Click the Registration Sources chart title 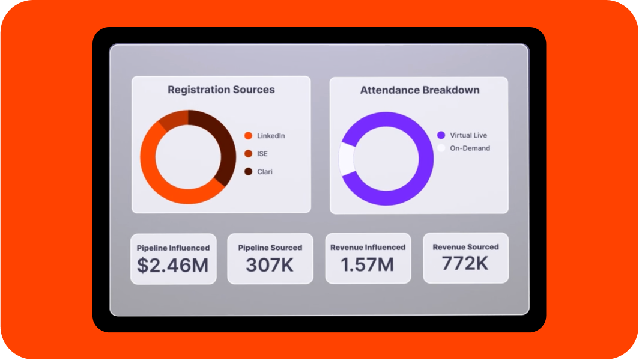(x=221, y=90)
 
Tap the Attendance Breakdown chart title (x=419, y=90)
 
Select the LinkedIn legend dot (x=248, y=136)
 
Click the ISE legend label (x=262, y=154)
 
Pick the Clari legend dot (x=248, y=172)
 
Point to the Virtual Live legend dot (x=441, y=135)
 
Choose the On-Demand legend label (x=470, y=148)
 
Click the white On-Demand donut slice (x=346, y=159)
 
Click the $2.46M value (x=173, y=265)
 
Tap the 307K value (x=270, y=264)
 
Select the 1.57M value (x=368, y=264)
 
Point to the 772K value (x=465, y=263)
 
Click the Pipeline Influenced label (x=173, y=248)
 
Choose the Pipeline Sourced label (x=270, y=248)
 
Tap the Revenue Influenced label (x=368, y=247)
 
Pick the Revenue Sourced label (x=465, y=246)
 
